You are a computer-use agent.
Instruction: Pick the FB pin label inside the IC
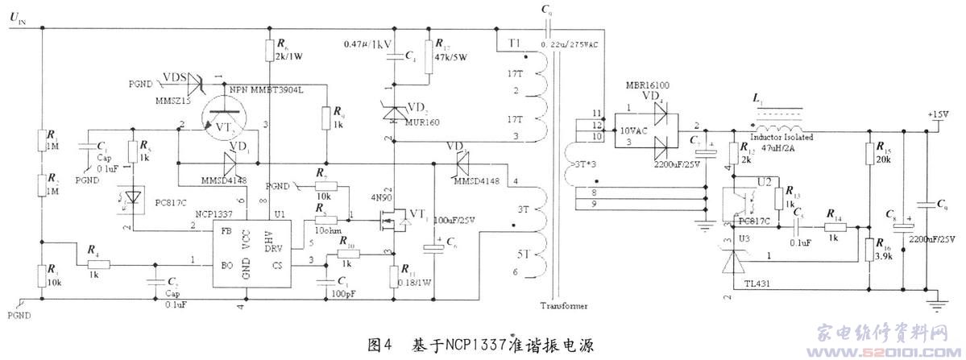coord(226,230)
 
